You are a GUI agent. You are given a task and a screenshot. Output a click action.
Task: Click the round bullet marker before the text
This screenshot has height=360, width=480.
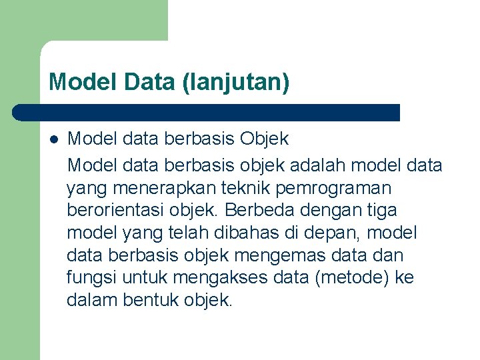pos(54,139)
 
